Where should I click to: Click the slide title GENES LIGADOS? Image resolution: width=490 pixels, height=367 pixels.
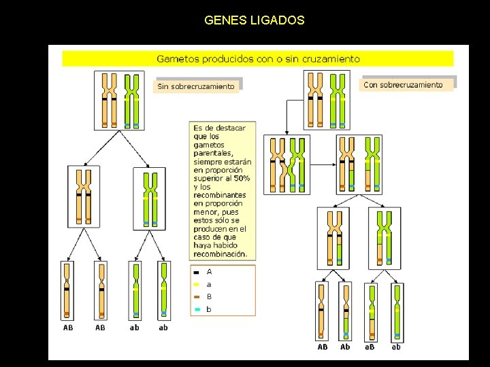pos(254,20)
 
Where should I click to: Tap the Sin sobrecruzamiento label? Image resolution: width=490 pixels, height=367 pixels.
pos(196,86)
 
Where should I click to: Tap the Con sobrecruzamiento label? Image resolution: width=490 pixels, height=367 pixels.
pos(403,85)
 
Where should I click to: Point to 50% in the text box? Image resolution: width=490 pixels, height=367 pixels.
pos(242,178)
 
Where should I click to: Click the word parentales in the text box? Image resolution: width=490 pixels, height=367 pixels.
pos(213,153)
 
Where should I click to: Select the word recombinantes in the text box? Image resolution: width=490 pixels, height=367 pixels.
pos(220,195)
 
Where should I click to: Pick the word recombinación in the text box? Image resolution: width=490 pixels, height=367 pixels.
pos(219,254)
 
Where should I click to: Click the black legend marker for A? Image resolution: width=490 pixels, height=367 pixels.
pos(197,272)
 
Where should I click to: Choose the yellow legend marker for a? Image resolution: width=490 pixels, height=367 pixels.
pos(197,285)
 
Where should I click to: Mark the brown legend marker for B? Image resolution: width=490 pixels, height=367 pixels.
pos(197,297)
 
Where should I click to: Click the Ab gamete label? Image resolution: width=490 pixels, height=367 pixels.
pos(345,347)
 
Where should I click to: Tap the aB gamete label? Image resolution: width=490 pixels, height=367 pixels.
pos(369,347)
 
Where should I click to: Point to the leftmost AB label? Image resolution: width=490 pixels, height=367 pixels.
pos(68,328)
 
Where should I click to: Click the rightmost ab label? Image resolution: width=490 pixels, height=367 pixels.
pos(396,347)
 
